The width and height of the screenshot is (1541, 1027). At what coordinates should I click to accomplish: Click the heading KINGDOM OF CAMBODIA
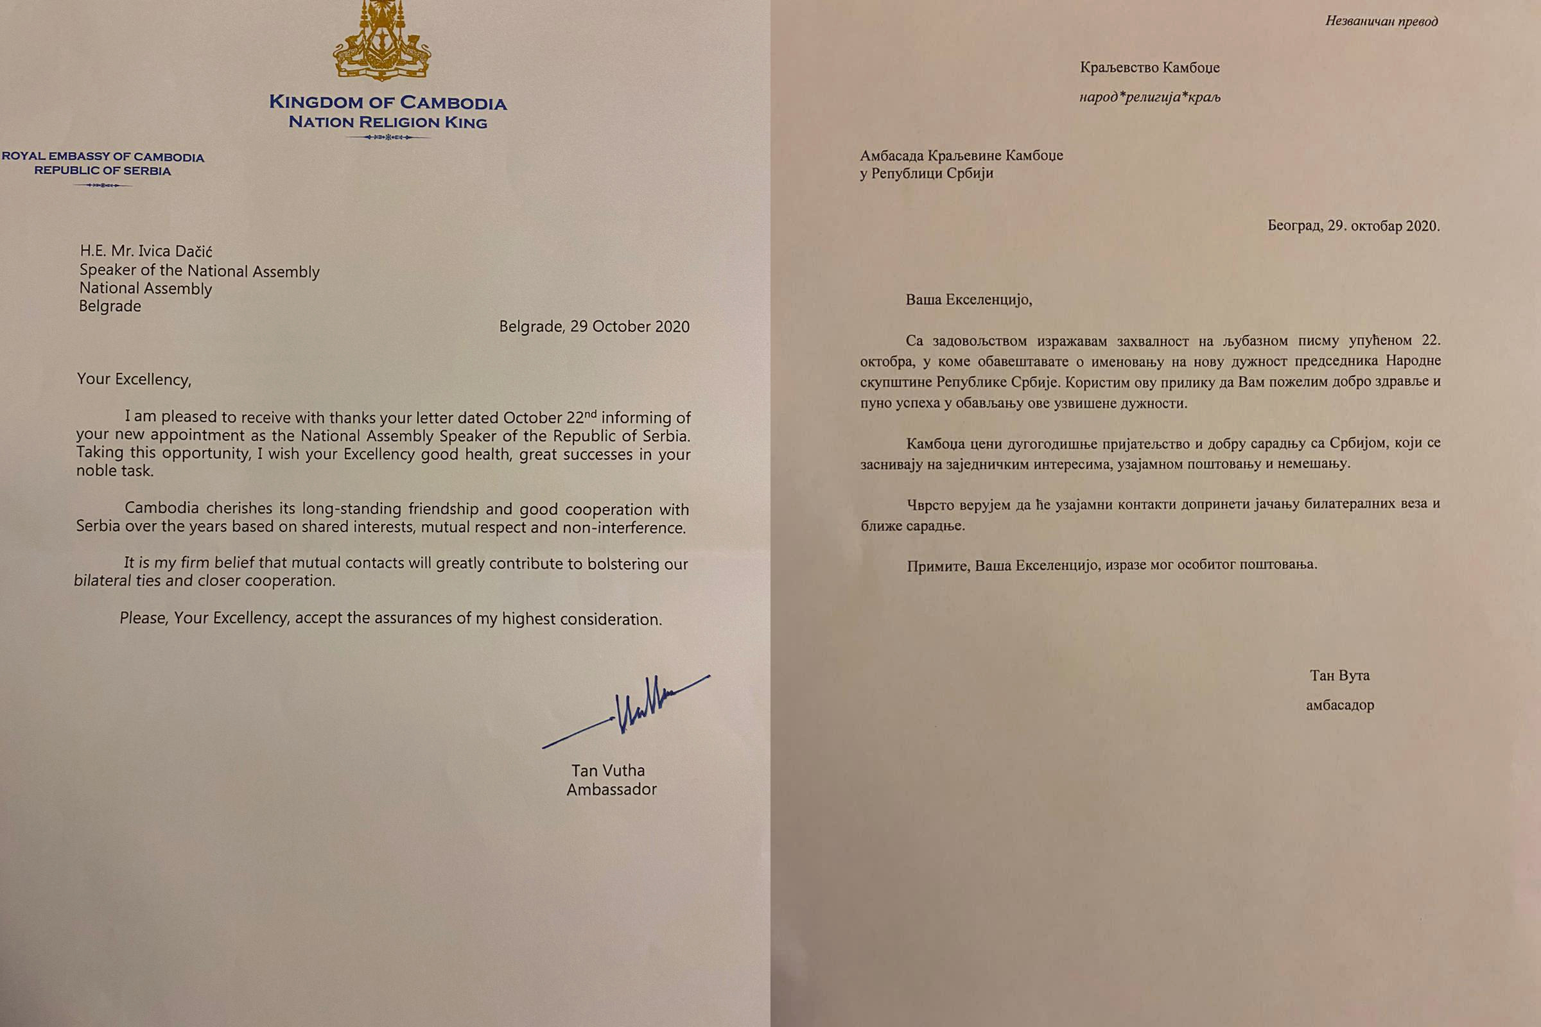click(387, 103)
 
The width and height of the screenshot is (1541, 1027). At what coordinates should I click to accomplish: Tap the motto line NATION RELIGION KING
click(387, 123)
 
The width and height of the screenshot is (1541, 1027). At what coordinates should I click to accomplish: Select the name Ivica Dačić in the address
click(175, 251)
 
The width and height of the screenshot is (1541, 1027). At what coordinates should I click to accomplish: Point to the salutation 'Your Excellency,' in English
click(134, 379)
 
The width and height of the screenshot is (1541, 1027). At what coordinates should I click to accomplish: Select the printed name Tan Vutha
click(607, 770)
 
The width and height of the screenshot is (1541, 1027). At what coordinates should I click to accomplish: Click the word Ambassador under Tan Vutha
click(611, 790)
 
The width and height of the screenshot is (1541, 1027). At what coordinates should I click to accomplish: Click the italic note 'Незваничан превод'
click(1381, 21)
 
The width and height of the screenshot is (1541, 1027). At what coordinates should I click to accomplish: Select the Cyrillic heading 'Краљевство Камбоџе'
click(1149, 67)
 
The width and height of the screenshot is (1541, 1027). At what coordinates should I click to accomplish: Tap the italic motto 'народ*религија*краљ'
click(1150, 98)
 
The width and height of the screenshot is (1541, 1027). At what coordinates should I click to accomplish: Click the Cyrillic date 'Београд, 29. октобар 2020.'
click(1353, 226)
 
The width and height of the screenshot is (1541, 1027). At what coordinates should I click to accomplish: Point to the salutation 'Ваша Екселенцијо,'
click(968, 300)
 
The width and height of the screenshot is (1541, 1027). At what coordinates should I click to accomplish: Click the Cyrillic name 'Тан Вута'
click(1339, 675)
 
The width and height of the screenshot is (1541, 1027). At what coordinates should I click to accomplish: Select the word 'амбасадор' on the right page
click(1340, 705)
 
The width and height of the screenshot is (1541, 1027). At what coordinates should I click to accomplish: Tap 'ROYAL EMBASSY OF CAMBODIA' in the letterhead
click(103, 157)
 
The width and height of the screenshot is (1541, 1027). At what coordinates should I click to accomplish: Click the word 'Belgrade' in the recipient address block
click(110, 306)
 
